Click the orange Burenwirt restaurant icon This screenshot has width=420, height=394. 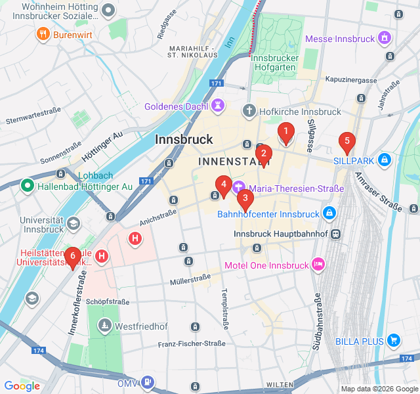tap(44, 33)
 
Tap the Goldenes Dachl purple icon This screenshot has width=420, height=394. tap(218, 105)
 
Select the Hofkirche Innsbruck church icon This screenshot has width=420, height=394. tap(249, 111)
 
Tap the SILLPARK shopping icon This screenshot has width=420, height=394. tap(385, 160)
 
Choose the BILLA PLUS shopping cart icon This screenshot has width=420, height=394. tap(394, 340)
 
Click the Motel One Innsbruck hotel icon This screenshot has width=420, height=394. tap(318, 265)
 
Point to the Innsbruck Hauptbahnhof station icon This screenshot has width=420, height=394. tap(336, 234)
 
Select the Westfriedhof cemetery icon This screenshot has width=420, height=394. tap(105, 326)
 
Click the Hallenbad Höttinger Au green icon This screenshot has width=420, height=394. tap(27, 186)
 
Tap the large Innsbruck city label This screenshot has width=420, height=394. tap(184, 139)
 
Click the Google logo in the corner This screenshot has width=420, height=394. tap(22, 386)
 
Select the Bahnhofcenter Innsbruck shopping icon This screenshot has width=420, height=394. tap(329, 213)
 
